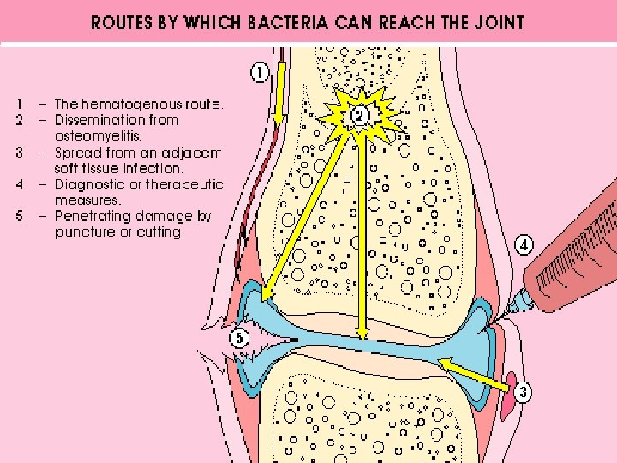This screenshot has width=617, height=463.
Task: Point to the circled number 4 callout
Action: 524,246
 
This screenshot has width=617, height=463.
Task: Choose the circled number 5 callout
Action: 239,339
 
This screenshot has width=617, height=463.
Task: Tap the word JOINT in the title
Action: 496,23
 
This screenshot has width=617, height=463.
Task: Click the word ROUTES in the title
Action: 121,23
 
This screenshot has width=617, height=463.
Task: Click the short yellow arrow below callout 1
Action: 279,94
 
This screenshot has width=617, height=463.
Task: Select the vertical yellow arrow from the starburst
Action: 362,231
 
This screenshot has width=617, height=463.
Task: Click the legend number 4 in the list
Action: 20,184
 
